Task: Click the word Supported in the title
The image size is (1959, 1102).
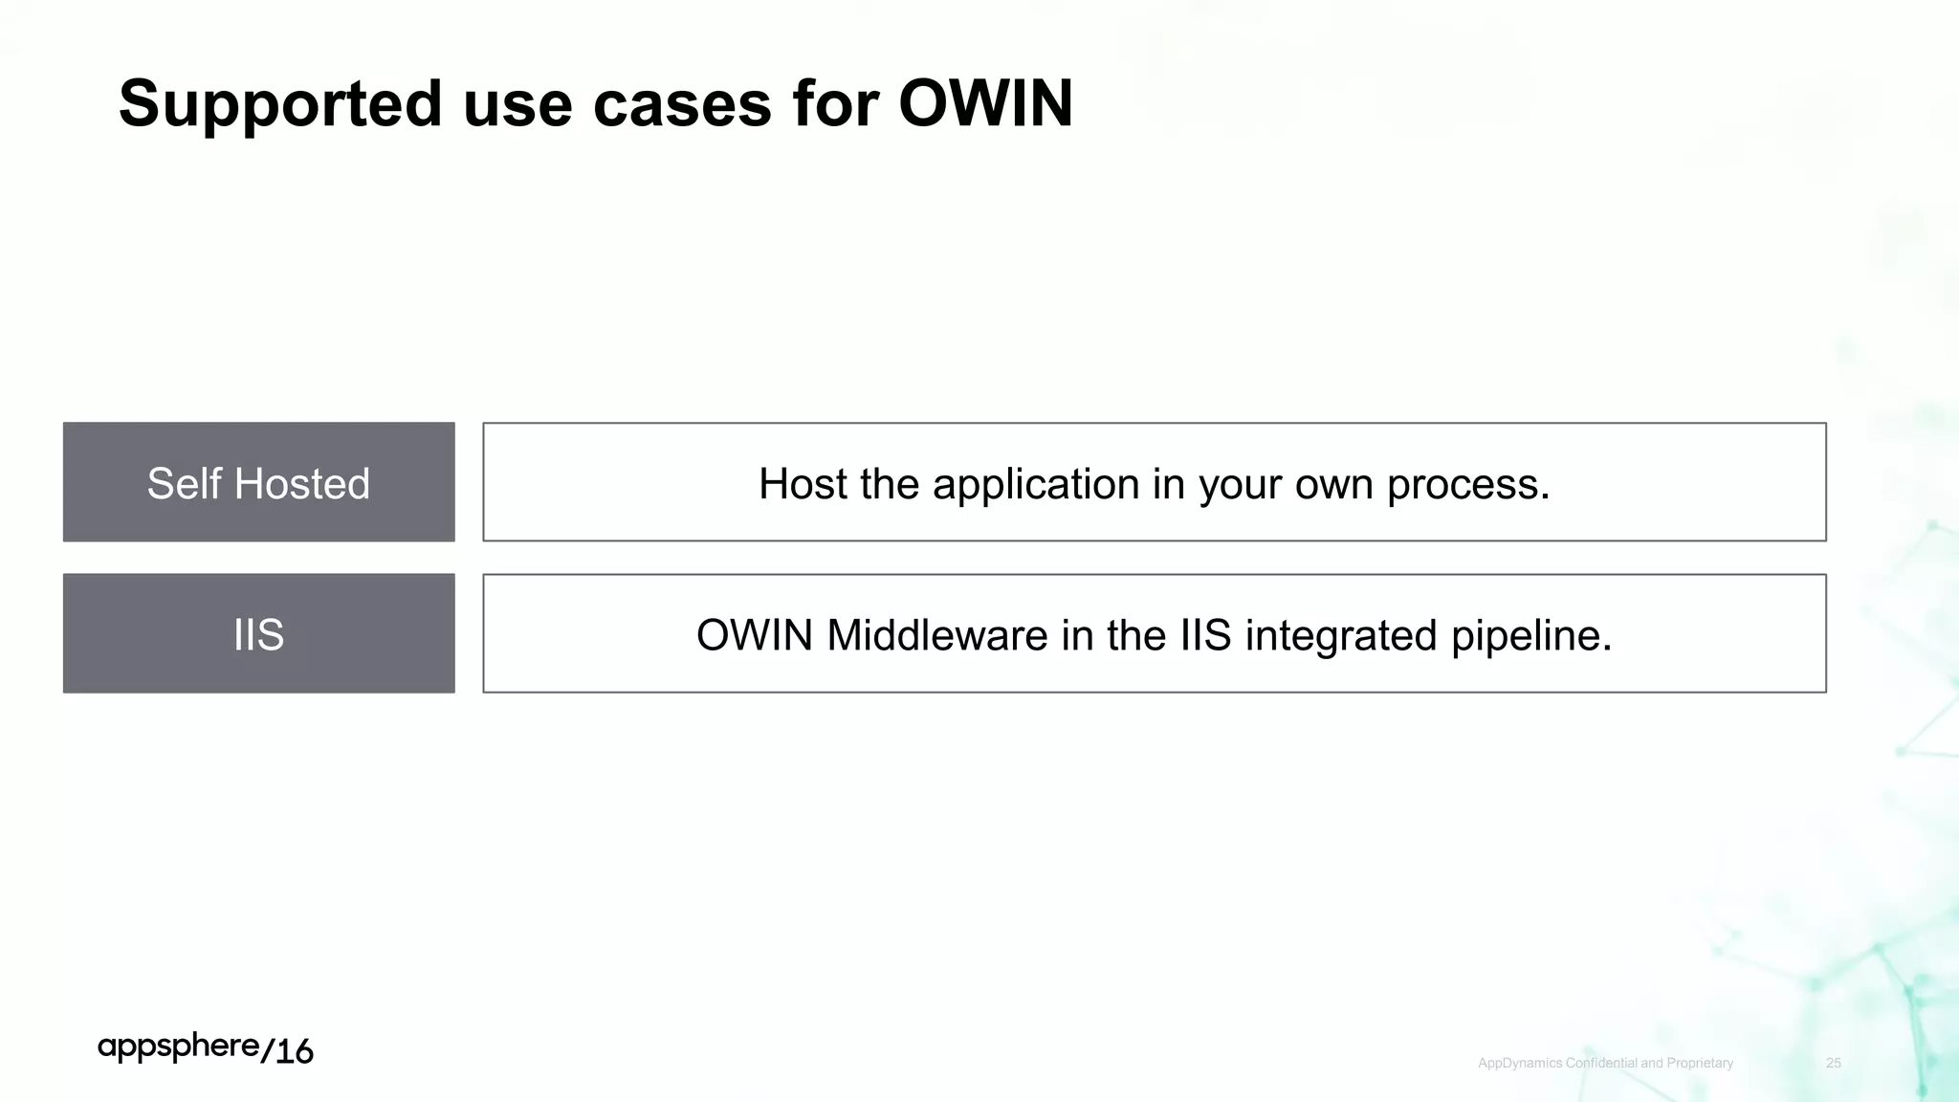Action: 280,103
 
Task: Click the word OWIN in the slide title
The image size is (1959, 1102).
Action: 985,103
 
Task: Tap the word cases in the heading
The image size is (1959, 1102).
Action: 682,103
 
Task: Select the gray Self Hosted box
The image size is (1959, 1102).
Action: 258,482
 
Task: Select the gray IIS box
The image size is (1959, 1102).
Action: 258,633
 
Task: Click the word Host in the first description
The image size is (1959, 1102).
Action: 802,484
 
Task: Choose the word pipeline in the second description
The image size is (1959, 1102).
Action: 1530,635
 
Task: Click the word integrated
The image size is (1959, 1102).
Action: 1341,635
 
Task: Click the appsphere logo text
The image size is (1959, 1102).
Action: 178,1047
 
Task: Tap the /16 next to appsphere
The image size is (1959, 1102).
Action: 287,1050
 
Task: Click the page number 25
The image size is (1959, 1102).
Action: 1833,1063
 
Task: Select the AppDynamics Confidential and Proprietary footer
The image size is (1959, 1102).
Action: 1605,1063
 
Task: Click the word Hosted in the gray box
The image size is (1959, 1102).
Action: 301,483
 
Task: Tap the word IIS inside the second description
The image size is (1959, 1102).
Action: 1205,635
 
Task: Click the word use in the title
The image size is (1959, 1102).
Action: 517,103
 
